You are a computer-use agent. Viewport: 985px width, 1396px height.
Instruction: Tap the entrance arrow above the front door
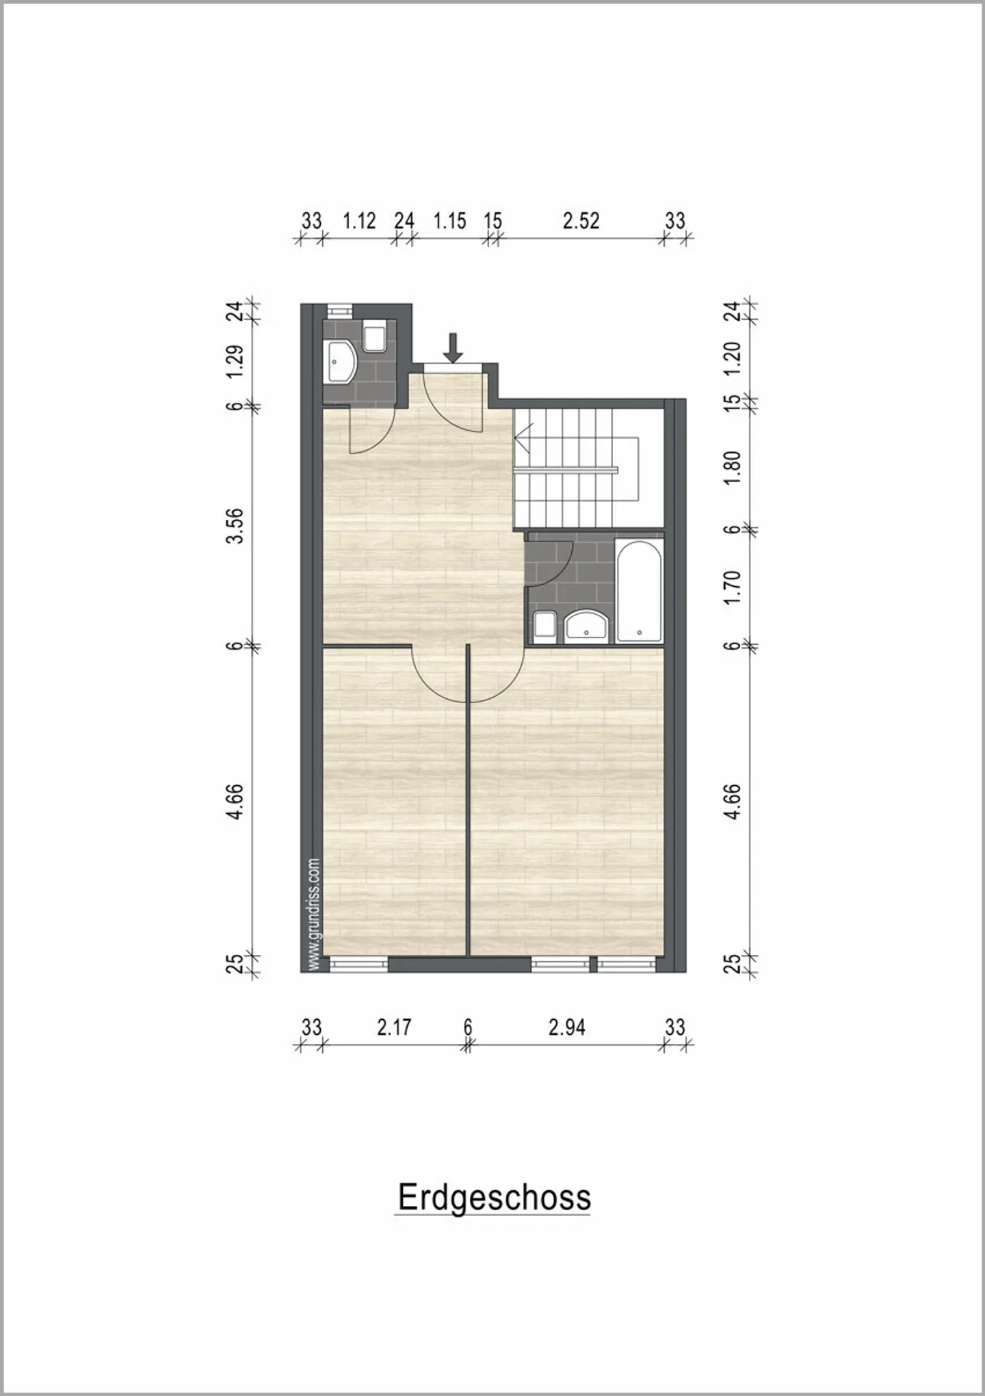(452, 347)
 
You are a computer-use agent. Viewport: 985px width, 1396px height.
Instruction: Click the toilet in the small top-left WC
(375, 337)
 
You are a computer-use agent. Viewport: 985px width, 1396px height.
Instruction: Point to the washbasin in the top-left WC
(340, 362)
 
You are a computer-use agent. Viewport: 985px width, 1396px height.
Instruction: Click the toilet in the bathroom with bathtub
(545, 627)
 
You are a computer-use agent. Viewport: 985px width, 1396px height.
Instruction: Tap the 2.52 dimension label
(581, 221)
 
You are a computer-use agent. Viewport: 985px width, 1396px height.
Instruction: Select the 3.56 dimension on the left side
(235, 525)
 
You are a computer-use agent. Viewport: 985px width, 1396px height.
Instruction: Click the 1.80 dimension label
(732, 467)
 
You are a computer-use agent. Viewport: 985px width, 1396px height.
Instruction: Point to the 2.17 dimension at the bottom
(394, 1027)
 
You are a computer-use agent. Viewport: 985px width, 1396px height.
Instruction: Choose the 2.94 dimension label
(566, 1027)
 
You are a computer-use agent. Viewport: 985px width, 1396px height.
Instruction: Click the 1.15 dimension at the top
(449, 221)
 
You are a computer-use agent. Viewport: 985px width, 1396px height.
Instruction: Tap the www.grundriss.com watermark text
(315, 914)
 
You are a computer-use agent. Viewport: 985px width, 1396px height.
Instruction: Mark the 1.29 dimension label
(235, 361)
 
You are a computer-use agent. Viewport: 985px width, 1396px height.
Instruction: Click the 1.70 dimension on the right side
(732, 587)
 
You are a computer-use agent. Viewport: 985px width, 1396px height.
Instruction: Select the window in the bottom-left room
(359, 964)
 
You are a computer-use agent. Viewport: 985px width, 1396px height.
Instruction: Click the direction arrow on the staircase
(523, 436)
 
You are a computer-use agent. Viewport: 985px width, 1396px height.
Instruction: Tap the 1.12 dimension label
(359, 221)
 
